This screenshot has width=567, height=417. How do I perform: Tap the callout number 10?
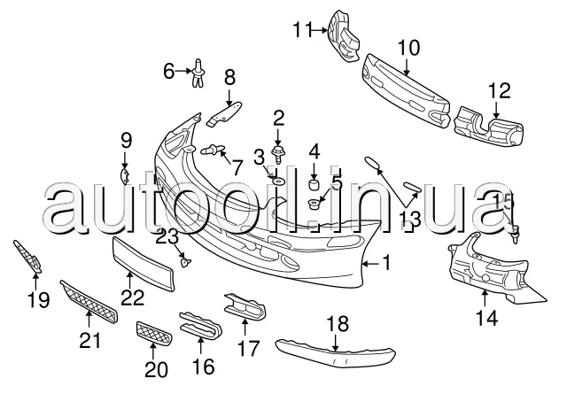click(x=408, y=46)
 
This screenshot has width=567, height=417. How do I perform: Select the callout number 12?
click(x=499, y=90)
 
